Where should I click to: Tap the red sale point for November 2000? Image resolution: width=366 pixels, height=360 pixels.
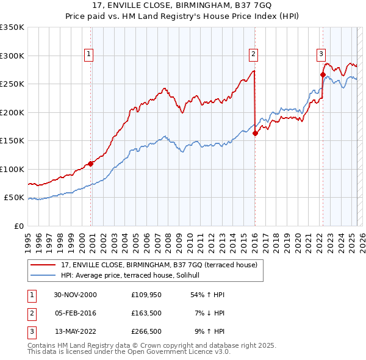[91, 164]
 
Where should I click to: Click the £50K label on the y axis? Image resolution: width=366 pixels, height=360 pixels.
[14, 198]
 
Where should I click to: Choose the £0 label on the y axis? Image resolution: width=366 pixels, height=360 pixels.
[18, 226]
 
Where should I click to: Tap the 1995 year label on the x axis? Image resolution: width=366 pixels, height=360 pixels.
[28, 239]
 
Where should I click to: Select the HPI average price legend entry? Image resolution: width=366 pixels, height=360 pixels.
[134, 275]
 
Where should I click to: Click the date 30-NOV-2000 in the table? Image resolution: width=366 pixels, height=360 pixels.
[75, 295]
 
